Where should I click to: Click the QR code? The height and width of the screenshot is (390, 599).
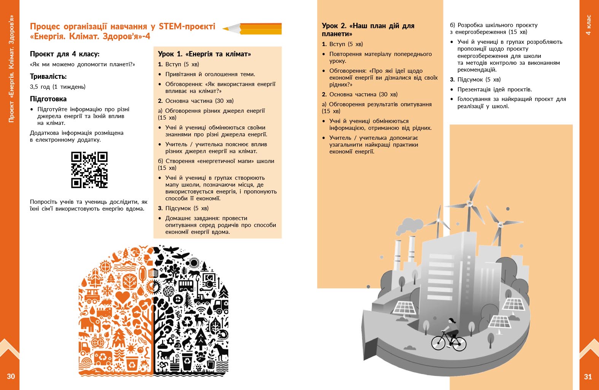pyautogui.click(x=89, y=170)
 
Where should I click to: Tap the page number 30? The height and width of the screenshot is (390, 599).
pyautogui.click(x=11, y=376)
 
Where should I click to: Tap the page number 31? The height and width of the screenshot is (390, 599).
pyautogui.click(x=588, y=377)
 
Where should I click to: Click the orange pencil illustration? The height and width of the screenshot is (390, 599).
pyautogui.click(x=253, y=29)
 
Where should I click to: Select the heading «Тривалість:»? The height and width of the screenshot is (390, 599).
pyautogui.click(x=48, y=77)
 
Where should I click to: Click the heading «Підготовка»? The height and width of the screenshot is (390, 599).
pyautogui.click(x=48, y=99)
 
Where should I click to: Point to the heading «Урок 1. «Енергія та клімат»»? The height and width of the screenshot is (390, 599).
pyautogui.click(x=205, y=54)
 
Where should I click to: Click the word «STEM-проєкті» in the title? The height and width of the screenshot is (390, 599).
pyautogui.click(x=187, y=26)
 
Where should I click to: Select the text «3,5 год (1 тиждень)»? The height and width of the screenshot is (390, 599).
pyautogui.click(x=58, y=87)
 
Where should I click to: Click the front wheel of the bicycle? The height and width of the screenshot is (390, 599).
pyautogui.click(x=459, y=344)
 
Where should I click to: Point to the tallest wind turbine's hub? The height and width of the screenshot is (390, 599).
pyautogui.click(x=470, y=203)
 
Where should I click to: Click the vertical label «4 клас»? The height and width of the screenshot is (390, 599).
pyautogui.click(x=588, y=25)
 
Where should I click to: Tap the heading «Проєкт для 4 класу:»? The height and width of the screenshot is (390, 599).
pyautogui.click(x=65, y=54)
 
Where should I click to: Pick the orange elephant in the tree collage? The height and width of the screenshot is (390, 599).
pyautogui.click(x=90, y=324)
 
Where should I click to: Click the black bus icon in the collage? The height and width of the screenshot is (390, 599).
pyautogui.click(x=186, y=285)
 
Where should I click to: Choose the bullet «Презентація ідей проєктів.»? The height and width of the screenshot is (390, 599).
pyautogui.click(x=494, y=90)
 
